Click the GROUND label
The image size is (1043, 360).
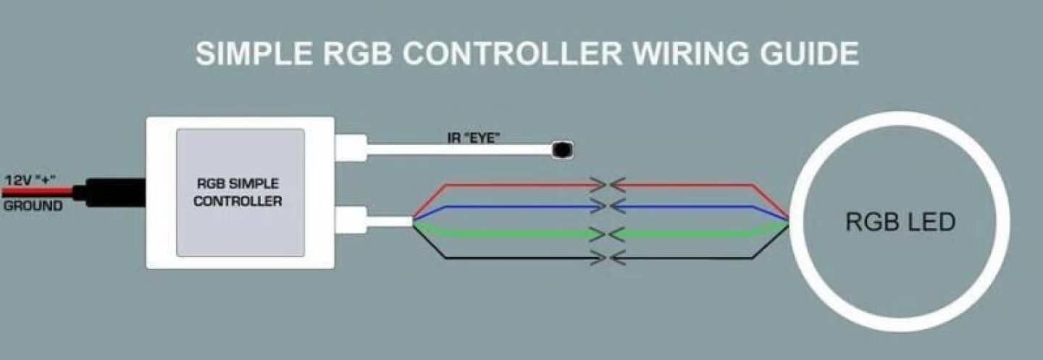tap(33, 206)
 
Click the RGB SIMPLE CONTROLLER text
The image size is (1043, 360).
tap(238, 192)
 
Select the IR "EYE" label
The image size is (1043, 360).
tap(474, 137)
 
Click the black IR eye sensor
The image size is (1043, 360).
tap(562, 150)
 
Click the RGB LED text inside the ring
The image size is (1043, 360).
tap(900, 222)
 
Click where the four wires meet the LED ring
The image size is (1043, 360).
tap(789, 221)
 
